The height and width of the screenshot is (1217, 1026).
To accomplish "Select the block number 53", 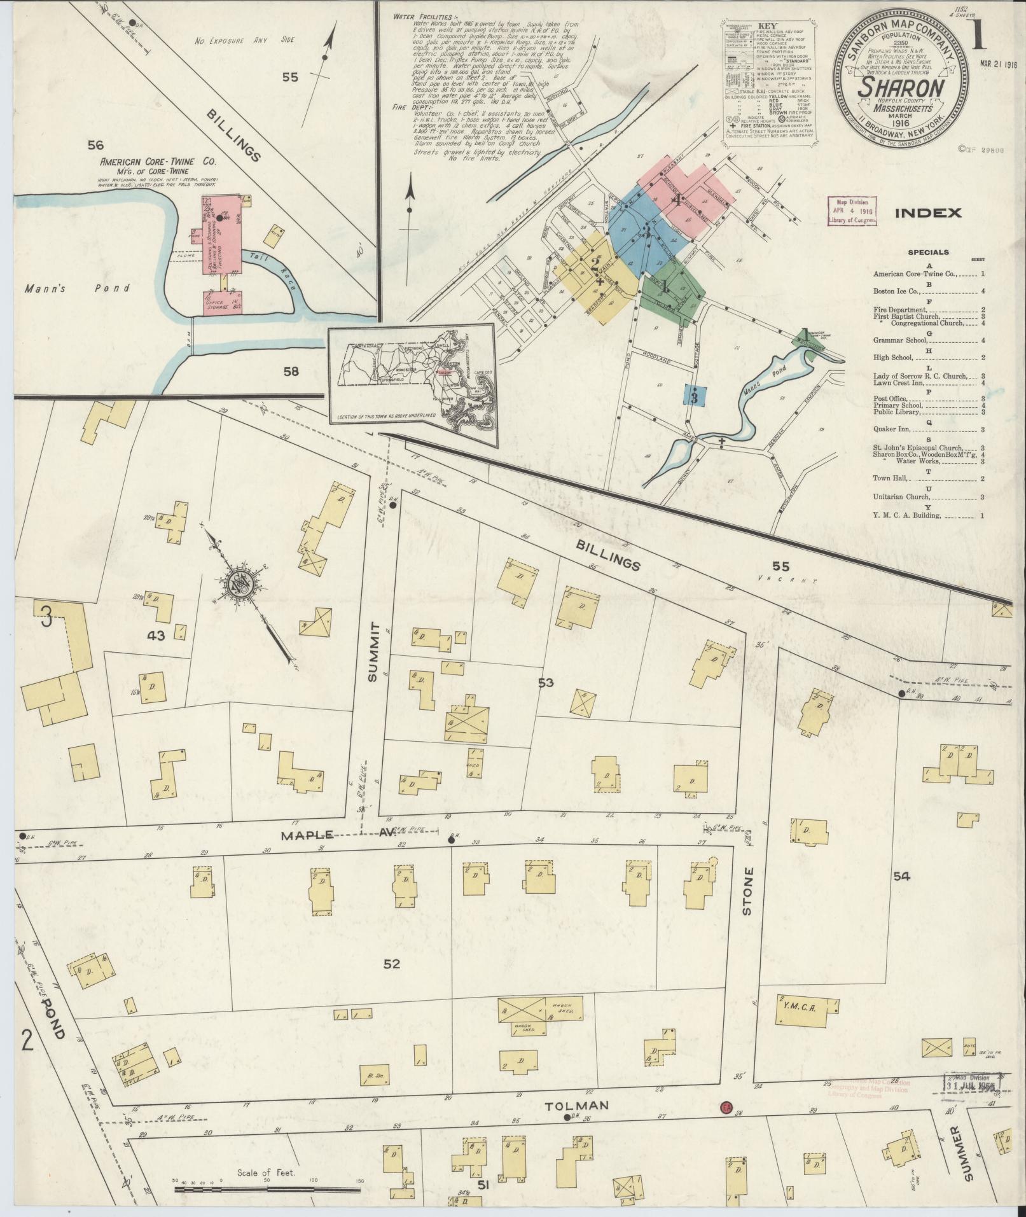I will click(545, 683).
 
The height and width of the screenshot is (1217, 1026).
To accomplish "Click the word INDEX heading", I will click(928, 213).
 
